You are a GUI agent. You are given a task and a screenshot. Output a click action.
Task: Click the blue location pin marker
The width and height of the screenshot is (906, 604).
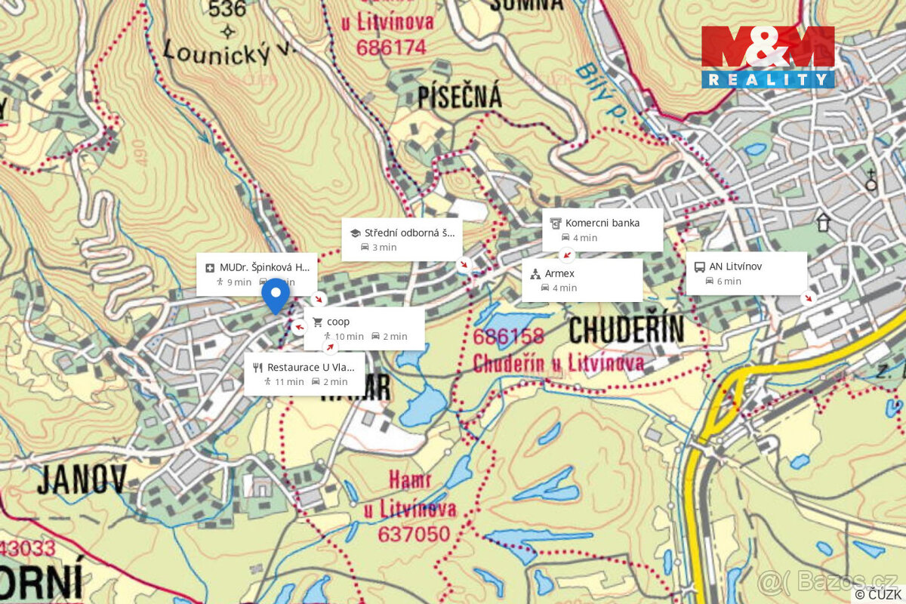276,294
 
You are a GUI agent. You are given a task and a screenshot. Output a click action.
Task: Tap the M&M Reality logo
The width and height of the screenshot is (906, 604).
768,57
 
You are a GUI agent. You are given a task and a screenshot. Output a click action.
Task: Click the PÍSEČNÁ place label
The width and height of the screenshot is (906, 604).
459,97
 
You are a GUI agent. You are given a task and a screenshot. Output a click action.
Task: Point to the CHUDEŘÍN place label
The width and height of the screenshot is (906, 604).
626,329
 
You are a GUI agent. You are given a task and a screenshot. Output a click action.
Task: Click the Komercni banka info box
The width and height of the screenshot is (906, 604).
602,230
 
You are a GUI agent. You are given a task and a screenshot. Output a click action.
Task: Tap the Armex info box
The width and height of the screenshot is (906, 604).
581,280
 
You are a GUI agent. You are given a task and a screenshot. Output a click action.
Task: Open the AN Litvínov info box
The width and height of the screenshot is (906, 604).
746,273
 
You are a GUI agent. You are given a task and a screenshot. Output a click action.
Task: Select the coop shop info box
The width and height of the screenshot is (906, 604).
364,328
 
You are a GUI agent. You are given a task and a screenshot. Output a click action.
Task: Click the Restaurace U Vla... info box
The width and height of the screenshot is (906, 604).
304,374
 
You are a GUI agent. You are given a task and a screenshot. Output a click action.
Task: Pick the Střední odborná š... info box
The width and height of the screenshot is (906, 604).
402,239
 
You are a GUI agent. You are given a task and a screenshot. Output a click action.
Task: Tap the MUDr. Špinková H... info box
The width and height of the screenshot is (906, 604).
257,274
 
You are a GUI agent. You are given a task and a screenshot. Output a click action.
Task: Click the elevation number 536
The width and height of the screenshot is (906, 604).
228,9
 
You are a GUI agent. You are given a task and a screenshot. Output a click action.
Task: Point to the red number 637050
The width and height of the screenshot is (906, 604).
414,535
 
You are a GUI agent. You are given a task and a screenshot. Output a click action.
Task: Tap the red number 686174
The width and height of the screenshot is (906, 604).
393,48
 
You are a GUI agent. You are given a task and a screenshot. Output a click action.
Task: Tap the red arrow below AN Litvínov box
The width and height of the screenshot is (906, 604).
809,298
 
